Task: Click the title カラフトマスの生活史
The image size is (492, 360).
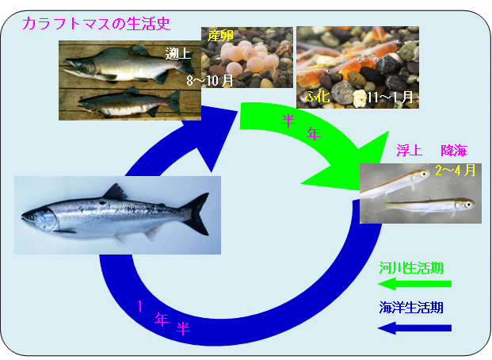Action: (x=96, y=24)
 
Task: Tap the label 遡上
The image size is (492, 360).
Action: (x=177, y=54)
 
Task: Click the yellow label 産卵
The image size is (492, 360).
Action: (x=219, y=35)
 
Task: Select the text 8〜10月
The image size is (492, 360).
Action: (x=209, y=81)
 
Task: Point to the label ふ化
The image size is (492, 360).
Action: (x=317, y=97)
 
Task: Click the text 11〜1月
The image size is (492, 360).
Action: (x=390, y=98)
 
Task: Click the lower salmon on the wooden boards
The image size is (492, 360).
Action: (x=127, y=101)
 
